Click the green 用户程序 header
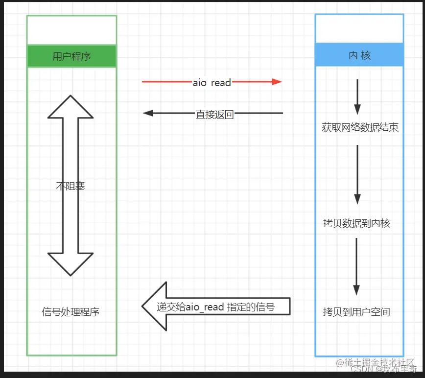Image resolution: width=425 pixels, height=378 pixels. point(71,56)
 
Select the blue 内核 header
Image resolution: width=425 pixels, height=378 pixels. point(359,55)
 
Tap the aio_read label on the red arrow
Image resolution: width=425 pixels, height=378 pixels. point(212,83)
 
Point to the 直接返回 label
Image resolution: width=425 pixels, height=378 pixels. point(214,115)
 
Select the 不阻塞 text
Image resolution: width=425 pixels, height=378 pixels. point(71,186)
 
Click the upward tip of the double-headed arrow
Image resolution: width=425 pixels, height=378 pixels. point(71,98)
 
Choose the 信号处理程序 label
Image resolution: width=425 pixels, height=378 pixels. point(71,312)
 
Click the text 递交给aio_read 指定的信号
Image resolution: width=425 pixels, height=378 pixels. point(215,307)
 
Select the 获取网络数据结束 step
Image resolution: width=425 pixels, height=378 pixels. point(360,128)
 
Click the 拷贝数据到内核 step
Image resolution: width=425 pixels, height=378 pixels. point(356,223)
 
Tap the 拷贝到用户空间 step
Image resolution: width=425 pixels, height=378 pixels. point(356,312)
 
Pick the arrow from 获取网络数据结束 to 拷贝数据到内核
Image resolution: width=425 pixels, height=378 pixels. point(357,174)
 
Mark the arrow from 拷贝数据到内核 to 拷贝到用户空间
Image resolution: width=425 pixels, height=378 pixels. point(356,267)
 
